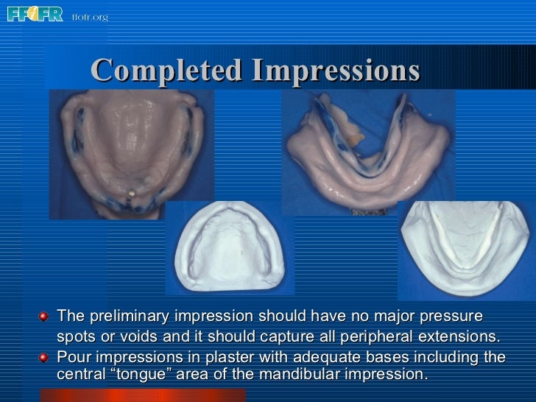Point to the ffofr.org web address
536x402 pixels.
point(90,17)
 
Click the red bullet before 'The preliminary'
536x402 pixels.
point(45,317)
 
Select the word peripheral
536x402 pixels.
point(367,337)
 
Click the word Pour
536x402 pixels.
point(72,358)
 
